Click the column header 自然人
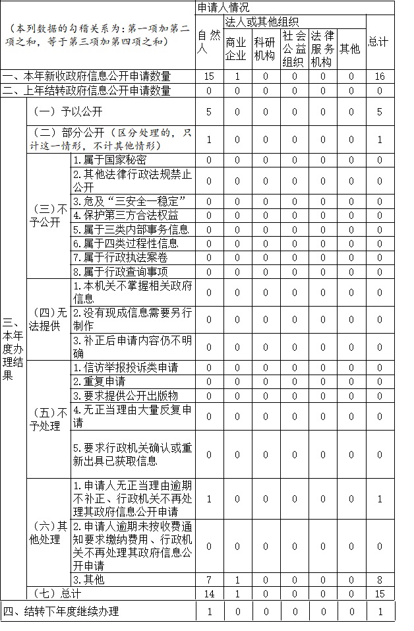coord(208,42)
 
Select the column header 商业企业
coord(235,48)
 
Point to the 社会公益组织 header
coord(294,48)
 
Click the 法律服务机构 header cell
coord(322,48)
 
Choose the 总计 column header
coord(378,42)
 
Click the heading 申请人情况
coord(223,8)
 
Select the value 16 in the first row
coord(379,76)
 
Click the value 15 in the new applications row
coord(209,76)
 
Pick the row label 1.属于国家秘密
coord(109,160)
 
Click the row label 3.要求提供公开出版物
coord(125,396)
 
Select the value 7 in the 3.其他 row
coord(209,580)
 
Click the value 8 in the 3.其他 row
coord(379,580)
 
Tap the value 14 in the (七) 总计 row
coord(209,594)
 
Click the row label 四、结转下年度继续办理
coord(61,611)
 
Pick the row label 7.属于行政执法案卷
coord(120,257)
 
